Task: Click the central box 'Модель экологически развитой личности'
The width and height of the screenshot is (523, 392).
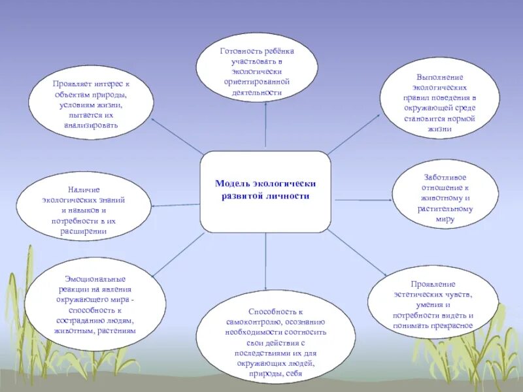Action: [265, 191]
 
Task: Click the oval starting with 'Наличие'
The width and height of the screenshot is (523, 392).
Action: [82, 204]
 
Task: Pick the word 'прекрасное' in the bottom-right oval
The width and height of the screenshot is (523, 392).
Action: [453, 325]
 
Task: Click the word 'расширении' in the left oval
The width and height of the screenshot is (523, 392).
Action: [83, 232]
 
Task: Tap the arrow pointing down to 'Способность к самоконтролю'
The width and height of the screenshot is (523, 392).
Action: [266, 261]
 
